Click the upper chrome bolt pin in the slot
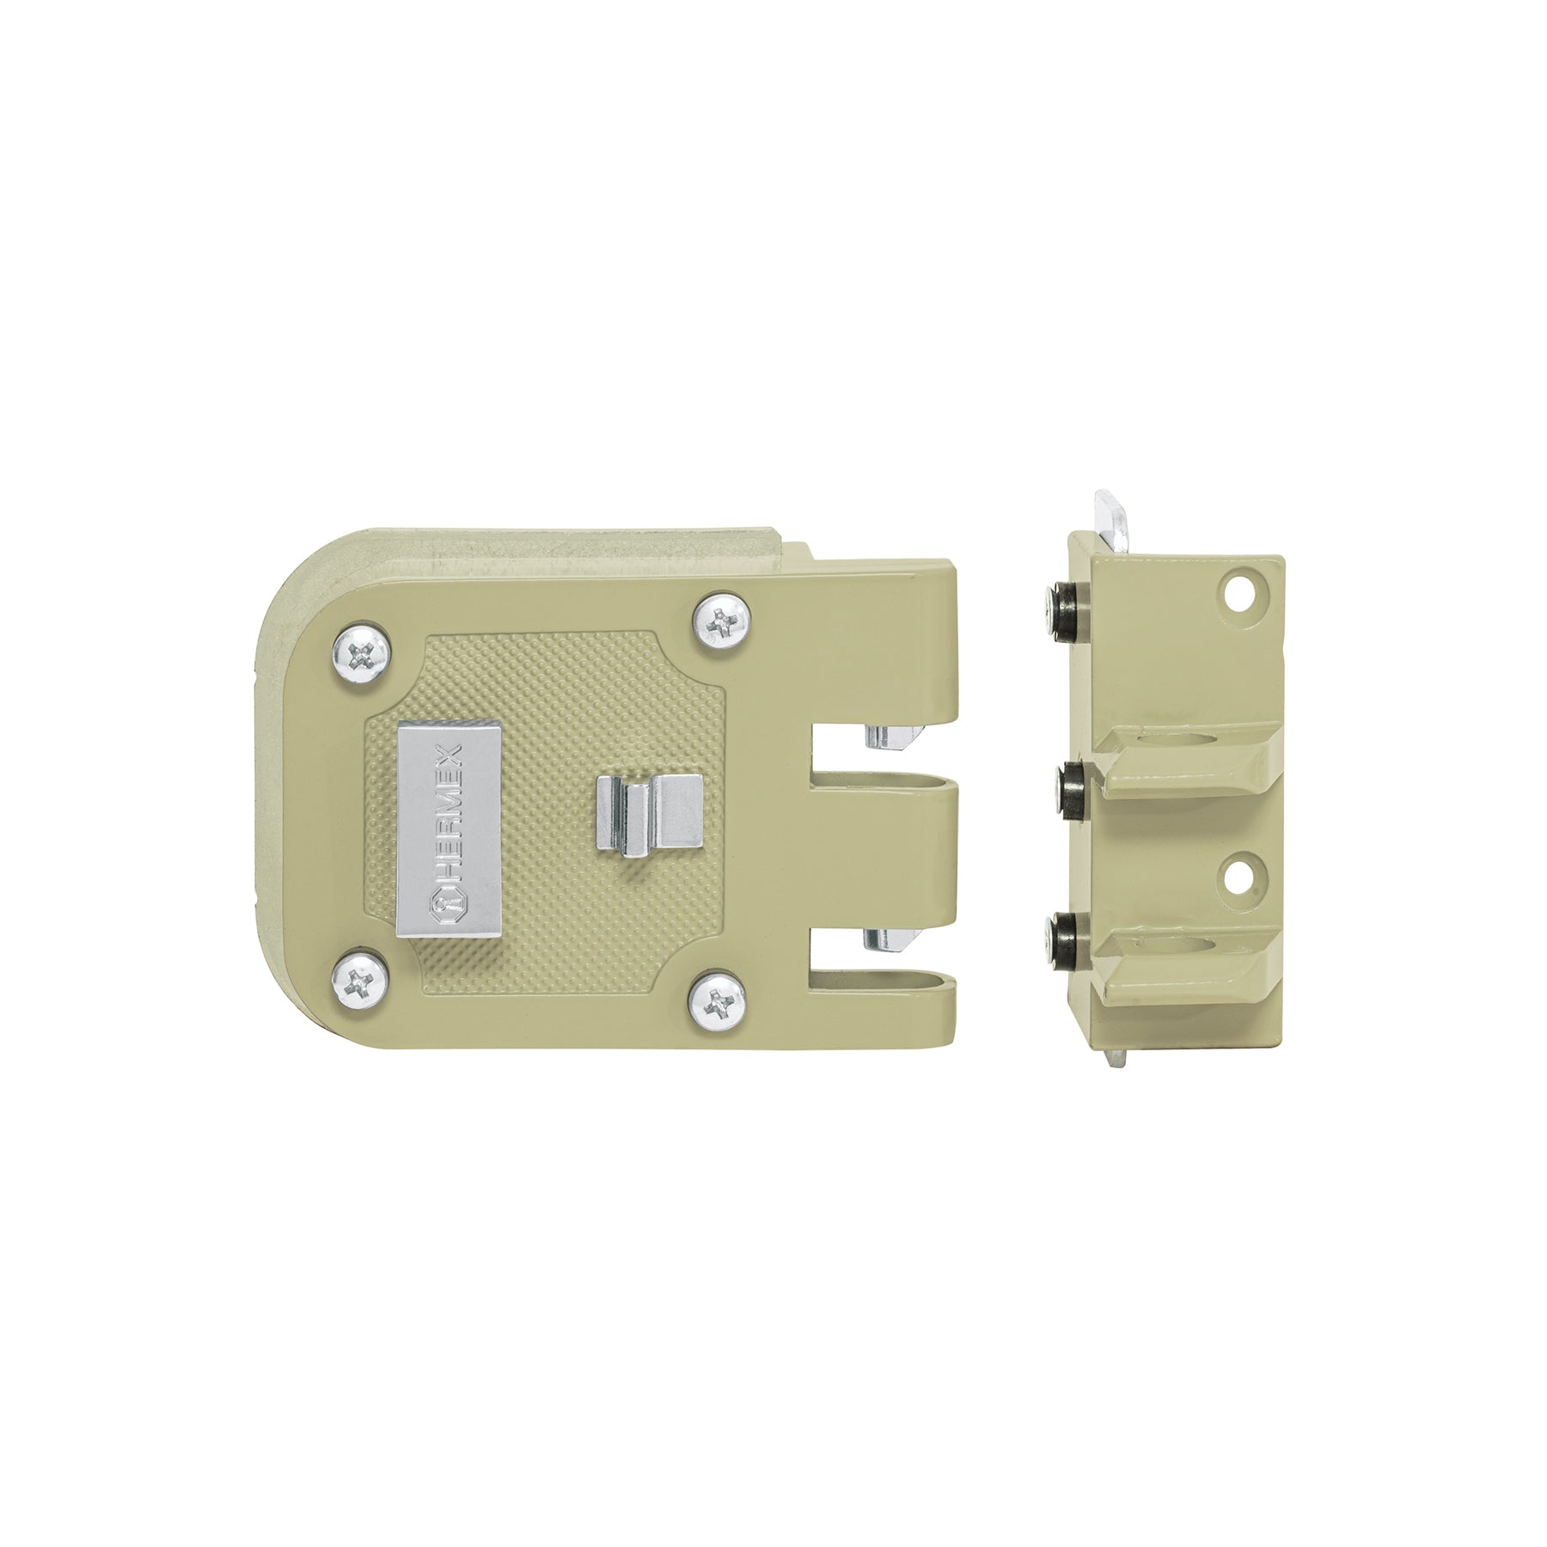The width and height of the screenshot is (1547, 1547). [894, 737]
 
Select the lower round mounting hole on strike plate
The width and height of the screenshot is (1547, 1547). [1240, 874]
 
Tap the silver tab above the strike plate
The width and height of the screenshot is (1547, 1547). [1110, 520]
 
